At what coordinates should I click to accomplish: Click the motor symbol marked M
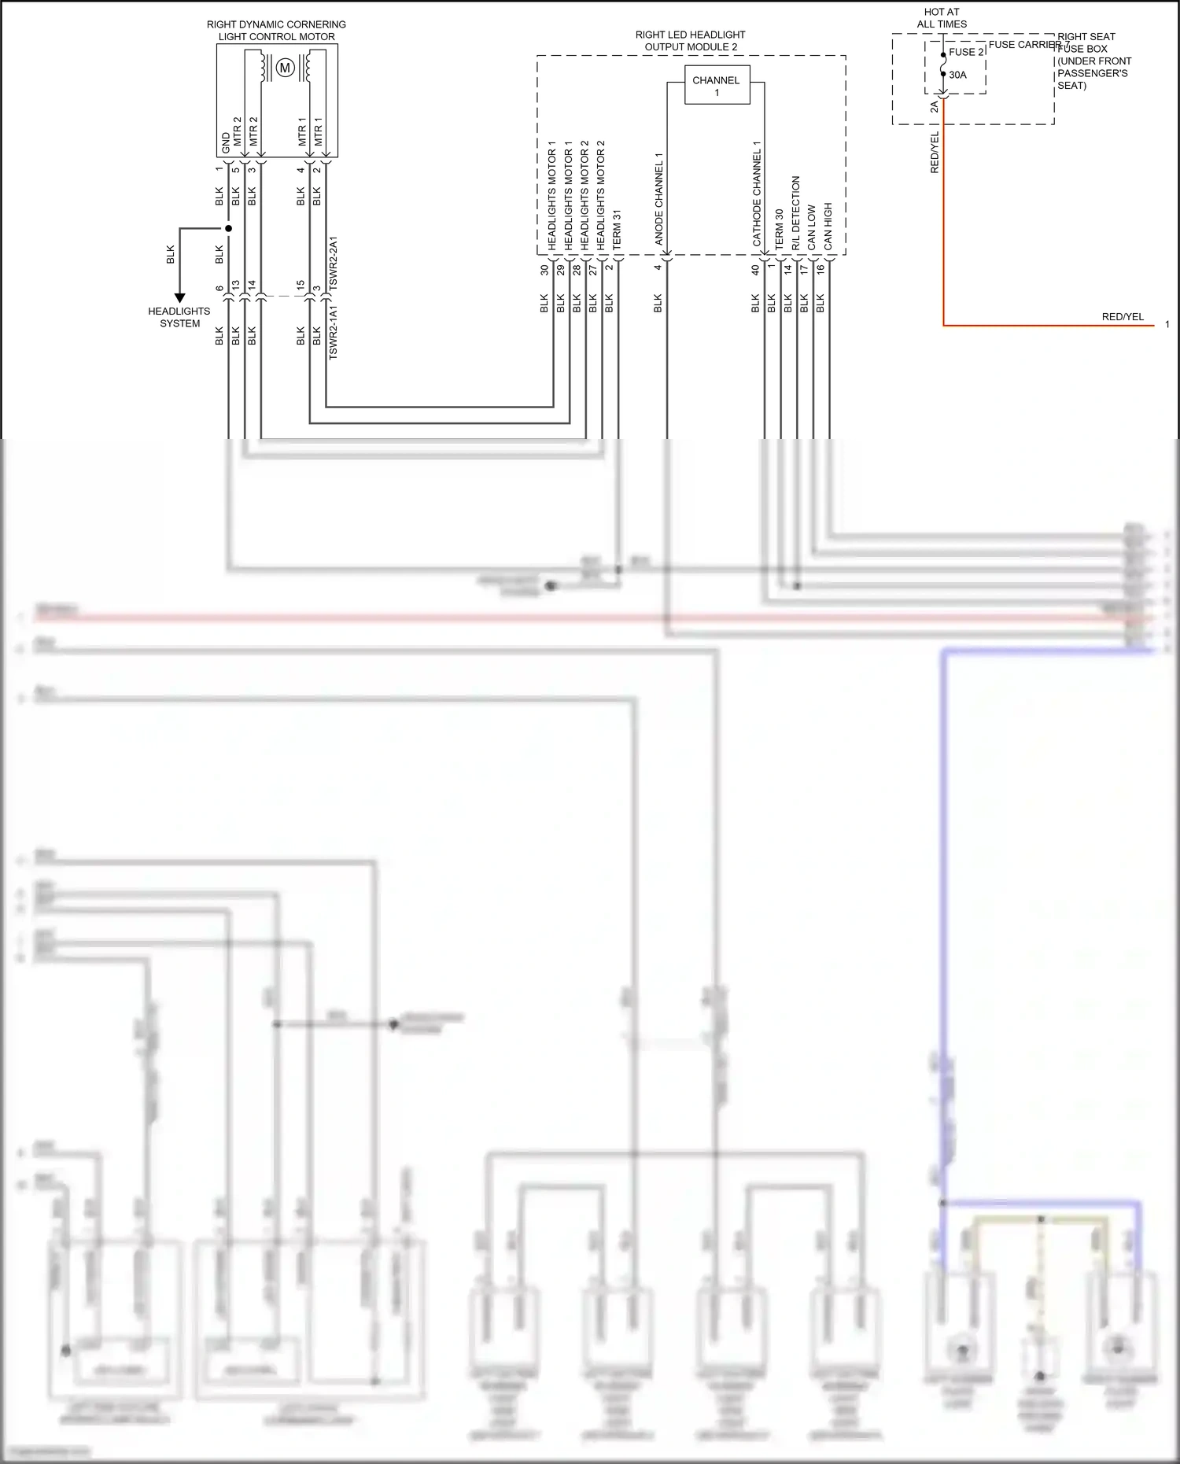(286, 68)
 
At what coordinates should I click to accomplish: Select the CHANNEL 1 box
(717, 86)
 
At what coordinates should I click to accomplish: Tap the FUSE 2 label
(966, 52)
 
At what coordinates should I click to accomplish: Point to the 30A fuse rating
(957, 75)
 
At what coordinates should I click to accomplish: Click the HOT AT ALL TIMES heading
(942, 18)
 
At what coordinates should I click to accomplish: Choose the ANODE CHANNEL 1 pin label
(659, 199)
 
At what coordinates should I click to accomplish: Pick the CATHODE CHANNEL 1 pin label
(757, 194)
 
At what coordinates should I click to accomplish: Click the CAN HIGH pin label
(828, 227)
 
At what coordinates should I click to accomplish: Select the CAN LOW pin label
(812, 228)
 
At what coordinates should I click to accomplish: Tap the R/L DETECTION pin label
(795, 212)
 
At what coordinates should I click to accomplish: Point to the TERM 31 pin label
(617, 230)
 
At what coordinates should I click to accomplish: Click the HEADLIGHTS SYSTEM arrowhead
(180, 298)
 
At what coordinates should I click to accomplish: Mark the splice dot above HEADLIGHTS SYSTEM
(229, 229)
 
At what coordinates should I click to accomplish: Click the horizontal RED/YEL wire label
(1123, 317)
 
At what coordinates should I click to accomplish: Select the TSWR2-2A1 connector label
(334, 263)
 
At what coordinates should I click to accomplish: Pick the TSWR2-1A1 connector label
(334, 333)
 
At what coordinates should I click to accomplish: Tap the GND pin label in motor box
(227, 143)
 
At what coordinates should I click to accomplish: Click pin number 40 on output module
(755, 269)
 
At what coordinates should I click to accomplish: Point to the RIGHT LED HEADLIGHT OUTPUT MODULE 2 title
(691, 41)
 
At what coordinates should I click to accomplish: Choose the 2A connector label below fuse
(935, 107)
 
